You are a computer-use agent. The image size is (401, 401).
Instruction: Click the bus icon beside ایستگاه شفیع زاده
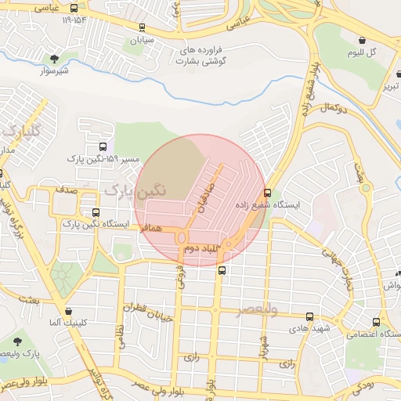click(268, 193)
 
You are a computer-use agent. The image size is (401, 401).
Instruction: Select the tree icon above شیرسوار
click(54, 59)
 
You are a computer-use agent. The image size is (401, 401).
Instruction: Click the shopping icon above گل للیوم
click(362, 40)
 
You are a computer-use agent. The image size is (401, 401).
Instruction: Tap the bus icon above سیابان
click(142, 27)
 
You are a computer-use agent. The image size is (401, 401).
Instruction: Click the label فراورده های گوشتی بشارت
click(203, 55)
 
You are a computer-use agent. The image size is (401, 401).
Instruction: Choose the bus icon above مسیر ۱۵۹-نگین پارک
click(103, 146)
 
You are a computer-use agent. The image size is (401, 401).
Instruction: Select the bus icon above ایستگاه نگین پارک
click(96, 212)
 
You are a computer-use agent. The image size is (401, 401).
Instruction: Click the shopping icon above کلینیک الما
click(69, 311)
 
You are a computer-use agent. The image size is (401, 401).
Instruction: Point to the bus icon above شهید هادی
click(309, 316)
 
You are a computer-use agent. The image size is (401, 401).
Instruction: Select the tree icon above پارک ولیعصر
click(17, 341)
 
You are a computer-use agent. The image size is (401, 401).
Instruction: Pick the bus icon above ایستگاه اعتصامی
click(377, 322)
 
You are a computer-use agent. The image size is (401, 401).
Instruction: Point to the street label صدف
click(66, 190)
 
